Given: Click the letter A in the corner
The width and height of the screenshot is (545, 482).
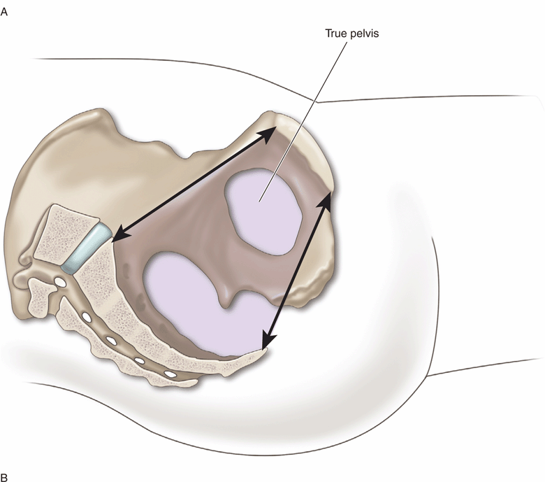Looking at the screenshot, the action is tap(4, 12).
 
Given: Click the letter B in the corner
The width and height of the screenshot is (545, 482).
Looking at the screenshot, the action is tap(4, 477).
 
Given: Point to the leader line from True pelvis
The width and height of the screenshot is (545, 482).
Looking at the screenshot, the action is tap(303, 122).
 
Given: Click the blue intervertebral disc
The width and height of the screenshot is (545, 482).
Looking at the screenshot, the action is tap(87, 248).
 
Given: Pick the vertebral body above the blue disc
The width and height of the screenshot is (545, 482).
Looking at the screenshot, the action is tap(66, 232).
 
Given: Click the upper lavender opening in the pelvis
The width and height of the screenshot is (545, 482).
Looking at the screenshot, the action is tap(263, 211).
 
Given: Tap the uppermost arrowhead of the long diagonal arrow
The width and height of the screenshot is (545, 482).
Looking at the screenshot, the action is tap(270, 134).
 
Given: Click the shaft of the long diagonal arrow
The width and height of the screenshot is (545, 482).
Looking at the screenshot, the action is tap(195, 184).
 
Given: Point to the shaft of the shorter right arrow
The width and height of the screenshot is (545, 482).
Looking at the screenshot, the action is tap(296, 271).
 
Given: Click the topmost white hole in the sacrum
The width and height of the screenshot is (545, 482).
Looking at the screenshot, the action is tap(61, 282).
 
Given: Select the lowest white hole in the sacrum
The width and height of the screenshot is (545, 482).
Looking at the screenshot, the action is tap(170, 374).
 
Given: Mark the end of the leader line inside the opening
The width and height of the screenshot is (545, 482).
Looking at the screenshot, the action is tap(259, 201).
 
